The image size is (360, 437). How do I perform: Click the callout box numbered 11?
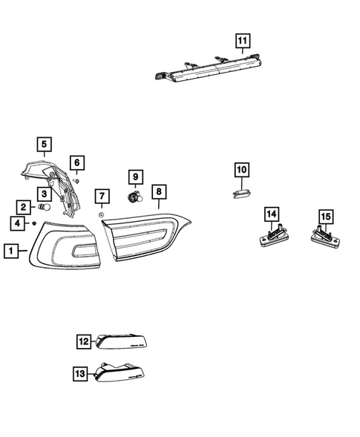pyautogui.click(x=242, y=41)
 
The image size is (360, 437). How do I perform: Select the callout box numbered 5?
pyautogui.click(x=44, y=144)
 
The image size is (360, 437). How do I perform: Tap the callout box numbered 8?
pyautogui.click(x=159, y=191)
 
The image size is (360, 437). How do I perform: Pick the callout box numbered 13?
pyautogui.click(x=80, y=373)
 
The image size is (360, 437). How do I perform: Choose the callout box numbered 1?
pyautogui.click(x=11, y=251)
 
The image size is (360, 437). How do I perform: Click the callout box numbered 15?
pyautogui.click(x=326, y=216)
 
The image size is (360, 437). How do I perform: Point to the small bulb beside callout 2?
pyautogui.click(x=44, y=207)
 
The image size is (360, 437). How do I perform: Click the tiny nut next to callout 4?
pyautogui.click(x=34, y=223)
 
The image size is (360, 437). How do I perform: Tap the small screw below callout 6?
pyautogui.click(x=76, y=181)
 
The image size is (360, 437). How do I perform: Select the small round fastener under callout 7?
pyautogui.click(x=101, y=214)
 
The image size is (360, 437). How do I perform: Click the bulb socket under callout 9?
pyautogui.click(x=135, y=197)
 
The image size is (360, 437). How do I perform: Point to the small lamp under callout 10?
pyautogui.click(x=241, y=194)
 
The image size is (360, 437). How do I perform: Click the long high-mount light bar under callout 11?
pyautogui.click(x=208, y=68)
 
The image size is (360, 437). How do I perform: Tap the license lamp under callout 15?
pyautogui.click(x=325, y=237)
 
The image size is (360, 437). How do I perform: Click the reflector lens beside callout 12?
pyautogui.click(x=121, y=341)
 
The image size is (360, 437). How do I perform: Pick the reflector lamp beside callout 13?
pyautogui.click(x=120, y=372)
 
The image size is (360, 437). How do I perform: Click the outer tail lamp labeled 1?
pyautogui.click(x=65, y=246)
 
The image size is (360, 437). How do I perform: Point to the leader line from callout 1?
pyautogui.click(x=23, y=251)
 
